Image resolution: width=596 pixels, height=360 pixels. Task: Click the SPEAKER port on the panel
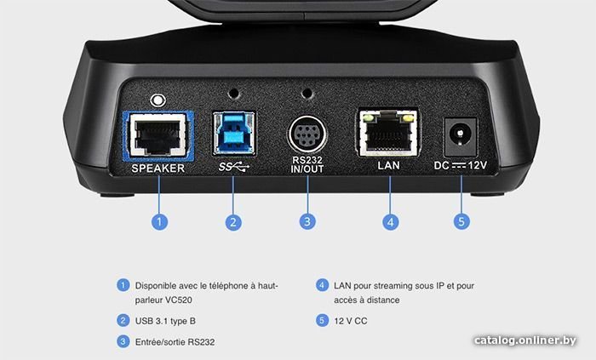pyautogui.click(x=158, y=135)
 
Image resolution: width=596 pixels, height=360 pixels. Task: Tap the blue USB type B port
pyautogui.click(x=234, y=133)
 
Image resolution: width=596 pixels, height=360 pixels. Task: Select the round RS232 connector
pyautogui.click(x=307, y=135)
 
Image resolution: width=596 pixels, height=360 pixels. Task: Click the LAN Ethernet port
pyautogui.click(x=387, y=133)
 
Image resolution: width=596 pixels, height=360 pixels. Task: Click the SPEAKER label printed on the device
pyautogui.click(x=158, y=169)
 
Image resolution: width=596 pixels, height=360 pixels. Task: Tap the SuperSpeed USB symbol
pyautogui.click(x=234, y=166)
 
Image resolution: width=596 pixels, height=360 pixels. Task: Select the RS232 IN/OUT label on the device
pyautogui.click(x=307, y=165)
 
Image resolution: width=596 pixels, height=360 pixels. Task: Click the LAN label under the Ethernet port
pyautogui.click(x=388, y=166)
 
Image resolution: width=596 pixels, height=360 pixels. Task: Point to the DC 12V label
pyautogui.click(x=461, y=166)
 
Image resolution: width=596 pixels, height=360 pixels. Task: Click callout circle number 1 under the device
pyautogui.click(x=159, y=222)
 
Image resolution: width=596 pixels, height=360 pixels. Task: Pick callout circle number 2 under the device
pyautogui.click(x=233, y=222)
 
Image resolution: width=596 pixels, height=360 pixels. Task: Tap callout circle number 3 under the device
pyautogui.click(x=307, y=222)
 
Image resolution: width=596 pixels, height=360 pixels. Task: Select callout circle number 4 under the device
pyautogui.click(x=390, y=222)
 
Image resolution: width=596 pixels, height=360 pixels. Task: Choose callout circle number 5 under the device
pyautogui.click(x=461, y=222)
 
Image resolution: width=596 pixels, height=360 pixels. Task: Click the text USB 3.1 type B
pyautogui.click(x=165, y=321)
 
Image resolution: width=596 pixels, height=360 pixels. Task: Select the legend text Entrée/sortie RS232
pyautogui.click(x=175, y=342)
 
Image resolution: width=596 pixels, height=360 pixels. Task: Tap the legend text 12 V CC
pyautogui.click(x=351, y=321)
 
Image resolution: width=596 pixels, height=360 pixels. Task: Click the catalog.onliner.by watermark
pyautogui.click(x=525, y=340)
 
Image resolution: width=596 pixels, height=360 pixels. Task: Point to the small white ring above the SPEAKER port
pyautogui.click(x=158, y=100)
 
